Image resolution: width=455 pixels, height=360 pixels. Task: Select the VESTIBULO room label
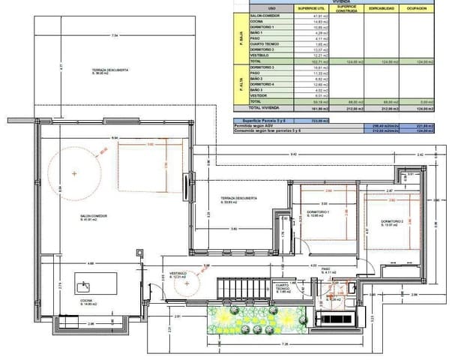point(178,275)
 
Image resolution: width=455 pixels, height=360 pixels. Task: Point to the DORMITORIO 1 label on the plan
point(319,214)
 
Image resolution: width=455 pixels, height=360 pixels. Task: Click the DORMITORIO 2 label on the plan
point(391,223)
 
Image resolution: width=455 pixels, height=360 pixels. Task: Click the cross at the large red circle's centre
point(74,173)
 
